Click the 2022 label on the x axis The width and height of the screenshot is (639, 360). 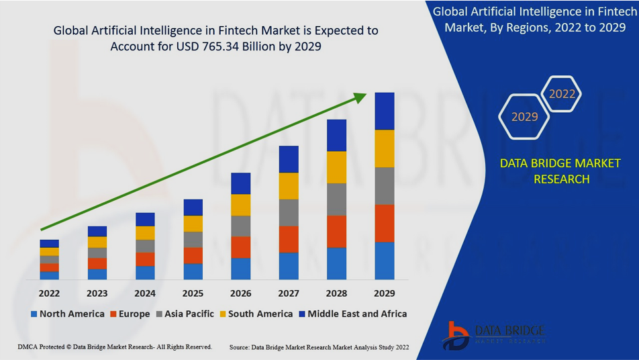49,294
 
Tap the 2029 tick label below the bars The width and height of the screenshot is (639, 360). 384,294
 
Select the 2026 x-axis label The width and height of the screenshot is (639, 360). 240,294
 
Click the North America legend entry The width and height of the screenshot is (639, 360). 67,314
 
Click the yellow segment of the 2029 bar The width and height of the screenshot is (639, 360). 384,148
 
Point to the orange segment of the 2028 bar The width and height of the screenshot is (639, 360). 336,232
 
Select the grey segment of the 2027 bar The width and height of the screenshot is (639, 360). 289,212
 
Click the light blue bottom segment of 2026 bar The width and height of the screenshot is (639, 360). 240,269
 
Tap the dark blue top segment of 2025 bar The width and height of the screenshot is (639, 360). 193,207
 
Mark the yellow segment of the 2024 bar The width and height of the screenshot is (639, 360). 145,232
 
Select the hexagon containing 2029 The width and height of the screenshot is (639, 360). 524,117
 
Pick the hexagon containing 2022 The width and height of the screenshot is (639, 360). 562,94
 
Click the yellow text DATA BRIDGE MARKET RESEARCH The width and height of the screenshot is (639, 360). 560,171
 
